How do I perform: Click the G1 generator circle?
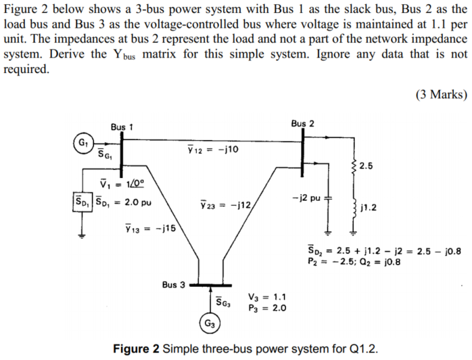[83, 144]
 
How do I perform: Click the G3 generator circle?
[210, 323]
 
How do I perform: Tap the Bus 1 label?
[122, 127]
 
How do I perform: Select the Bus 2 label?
[302, 124]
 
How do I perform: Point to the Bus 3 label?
[174, 284]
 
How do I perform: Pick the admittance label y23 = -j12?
[225, 203]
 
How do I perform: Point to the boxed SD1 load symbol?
[81, 202]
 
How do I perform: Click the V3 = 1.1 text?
[268, 296]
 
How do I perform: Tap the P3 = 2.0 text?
[268, 307]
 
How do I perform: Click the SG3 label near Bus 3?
[224, 302]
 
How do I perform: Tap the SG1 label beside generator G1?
[104, 155]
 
